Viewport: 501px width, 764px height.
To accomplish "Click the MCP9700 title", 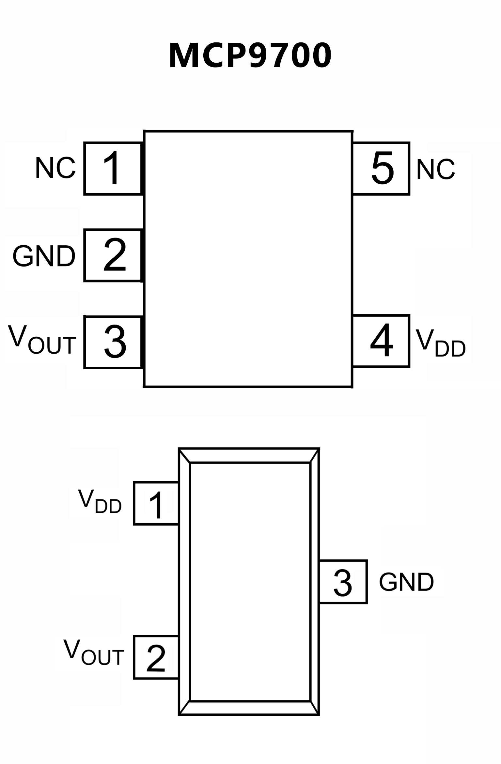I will (x=250, y=55).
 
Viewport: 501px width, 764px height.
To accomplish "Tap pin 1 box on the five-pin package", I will (x=113, y=168).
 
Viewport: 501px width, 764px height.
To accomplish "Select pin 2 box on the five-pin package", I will (x=113, y=255).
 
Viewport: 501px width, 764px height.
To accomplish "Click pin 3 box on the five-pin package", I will (x=113, y=342).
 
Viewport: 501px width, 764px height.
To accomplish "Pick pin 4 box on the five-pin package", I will (x=381, y=341).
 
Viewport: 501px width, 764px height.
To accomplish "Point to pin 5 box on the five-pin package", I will (x=381, y=168).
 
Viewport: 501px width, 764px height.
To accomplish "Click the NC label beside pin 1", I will (x=55, y=168).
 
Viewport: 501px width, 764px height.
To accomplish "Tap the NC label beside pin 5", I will (x=435, y=169).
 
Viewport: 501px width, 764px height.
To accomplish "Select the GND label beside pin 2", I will (x=44, y=256).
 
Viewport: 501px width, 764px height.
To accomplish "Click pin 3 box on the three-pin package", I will (x=343, y=582).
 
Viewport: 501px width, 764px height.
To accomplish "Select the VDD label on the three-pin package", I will (x=100, y=502).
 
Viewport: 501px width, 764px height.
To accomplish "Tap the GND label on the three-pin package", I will (x=406, y=582).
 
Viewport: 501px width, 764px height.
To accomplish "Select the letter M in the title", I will (x=183, y=55).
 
